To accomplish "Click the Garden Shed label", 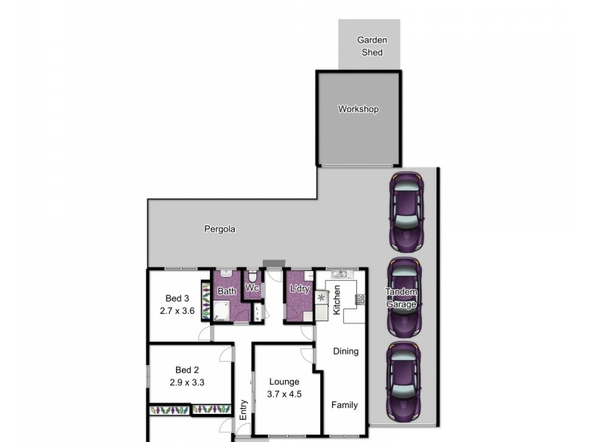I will point(372,46).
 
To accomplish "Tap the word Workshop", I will point(358,109).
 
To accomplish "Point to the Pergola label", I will point(219,229).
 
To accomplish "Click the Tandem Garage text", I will point(402,298).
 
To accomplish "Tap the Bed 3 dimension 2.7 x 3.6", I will point(177,312).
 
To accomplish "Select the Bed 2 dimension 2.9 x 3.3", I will point(187,383).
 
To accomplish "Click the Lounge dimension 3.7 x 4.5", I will point(284,393).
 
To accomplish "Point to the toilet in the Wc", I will point(252,276).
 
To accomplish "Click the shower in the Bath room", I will point(222,311).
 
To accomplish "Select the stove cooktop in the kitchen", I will point(360,299).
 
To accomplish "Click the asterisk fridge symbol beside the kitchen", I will point(321,298).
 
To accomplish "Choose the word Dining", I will point(345,351).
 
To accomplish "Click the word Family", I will point(344,405).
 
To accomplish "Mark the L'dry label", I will point(299,289).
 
